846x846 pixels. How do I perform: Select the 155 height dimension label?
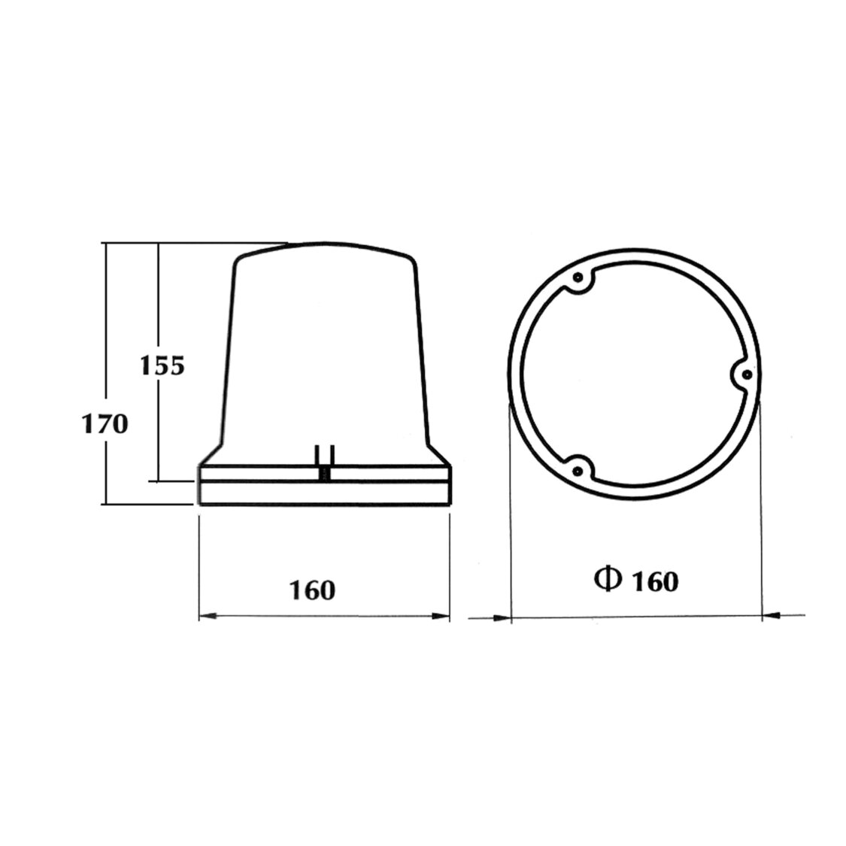coord(162,365)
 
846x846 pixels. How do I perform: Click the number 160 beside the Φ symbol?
coord(655,581)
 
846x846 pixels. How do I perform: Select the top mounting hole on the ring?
coord(578,279)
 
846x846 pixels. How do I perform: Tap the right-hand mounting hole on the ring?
coord(745,374)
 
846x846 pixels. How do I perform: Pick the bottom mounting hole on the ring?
coord(578,470)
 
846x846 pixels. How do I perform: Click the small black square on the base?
coord(325,475)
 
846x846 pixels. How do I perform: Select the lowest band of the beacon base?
coord(323,493)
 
